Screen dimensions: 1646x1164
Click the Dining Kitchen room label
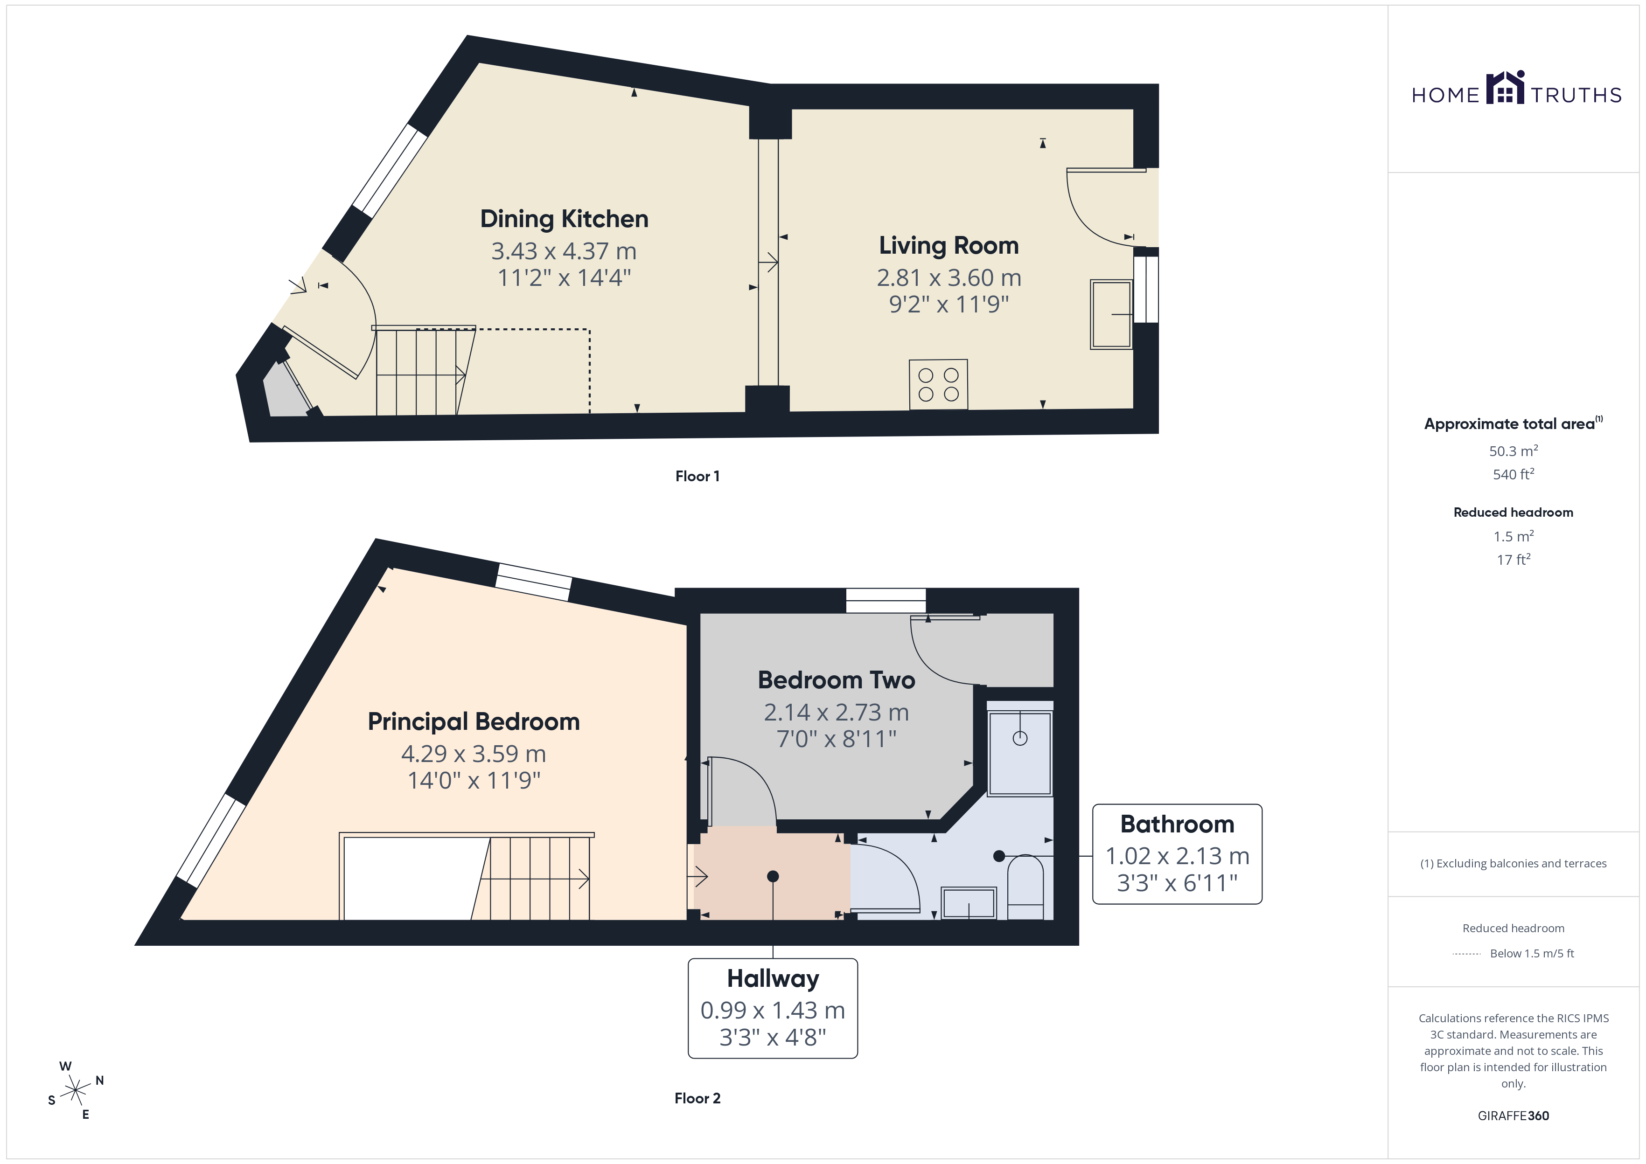coord(564,219)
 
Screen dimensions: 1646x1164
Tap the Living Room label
coord(949,246)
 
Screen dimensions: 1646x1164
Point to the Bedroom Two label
coord(836,679)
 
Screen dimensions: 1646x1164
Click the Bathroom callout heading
coord(1177,824)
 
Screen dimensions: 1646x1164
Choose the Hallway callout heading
coord(773,978)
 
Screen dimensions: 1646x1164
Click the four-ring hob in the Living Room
coord(938,385)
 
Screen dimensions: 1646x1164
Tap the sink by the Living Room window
coord(1111,314)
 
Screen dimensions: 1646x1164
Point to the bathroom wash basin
coord(969,903)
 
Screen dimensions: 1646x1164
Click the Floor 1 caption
coord(697,476)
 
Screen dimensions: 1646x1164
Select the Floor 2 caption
coord(697,1098)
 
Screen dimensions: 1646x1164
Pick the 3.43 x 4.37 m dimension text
coord(564,251)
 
